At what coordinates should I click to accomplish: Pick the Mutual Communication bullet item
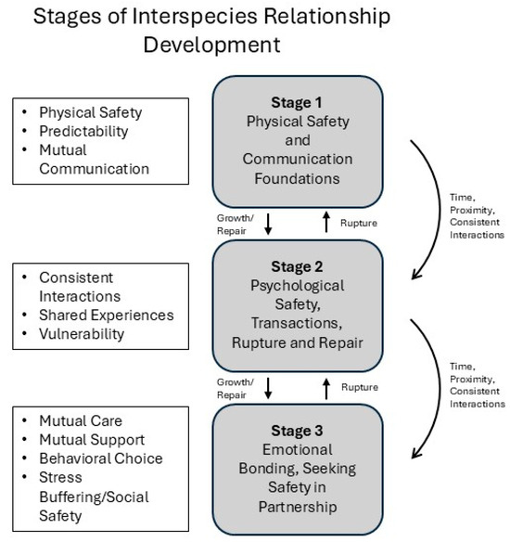[95, 161]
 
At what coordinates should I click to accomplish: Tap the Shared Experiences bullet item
[106, 315]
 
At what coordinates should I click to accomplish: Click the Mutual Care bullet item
[82, 420]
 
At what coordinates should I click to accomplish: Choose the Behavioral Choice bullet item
[100, 458]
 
